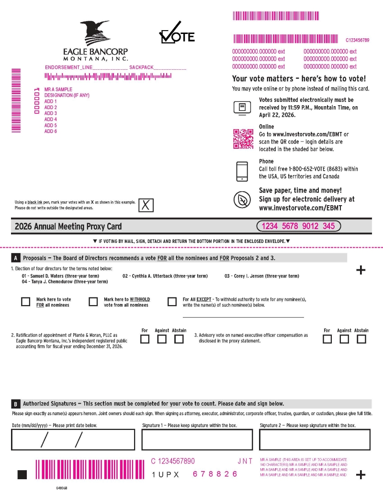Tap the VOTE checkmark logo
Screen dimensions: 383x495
(177, 33)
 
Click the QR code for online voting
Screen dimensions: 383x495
(243, 139)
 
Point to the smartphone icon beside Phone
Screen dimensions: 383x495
(242, 171)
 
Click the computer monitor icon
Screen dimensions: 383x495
(242, 108)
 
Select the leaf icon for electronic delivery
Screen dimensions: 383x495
(242, 200)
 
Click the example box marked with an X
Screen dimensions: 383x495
(146, 205)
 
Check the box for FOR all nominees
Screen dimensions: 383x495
(25, 301)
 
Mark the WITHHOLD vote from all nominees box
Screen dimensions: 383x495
(93, 301)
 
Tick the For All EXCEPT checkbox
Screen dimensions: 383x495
(172, 301)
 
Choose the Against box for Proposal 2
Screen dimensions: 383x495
(162, 339)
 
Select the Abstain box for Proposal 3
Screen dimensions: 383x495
(361, 339)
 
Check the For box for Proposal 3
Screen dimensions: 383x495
(327, 339)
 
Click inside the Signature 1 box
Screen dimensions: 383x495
(197, 440)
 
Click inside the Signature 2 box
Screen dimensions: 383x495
(315, 440)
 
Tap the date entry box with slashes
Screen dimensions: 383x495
(73, 440)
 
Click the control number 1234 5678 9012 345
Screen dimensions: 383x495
(298, 226)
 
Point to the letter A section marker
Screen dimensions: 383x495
(15, 258)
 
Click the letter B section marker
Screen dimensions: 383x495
(15, 404)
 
